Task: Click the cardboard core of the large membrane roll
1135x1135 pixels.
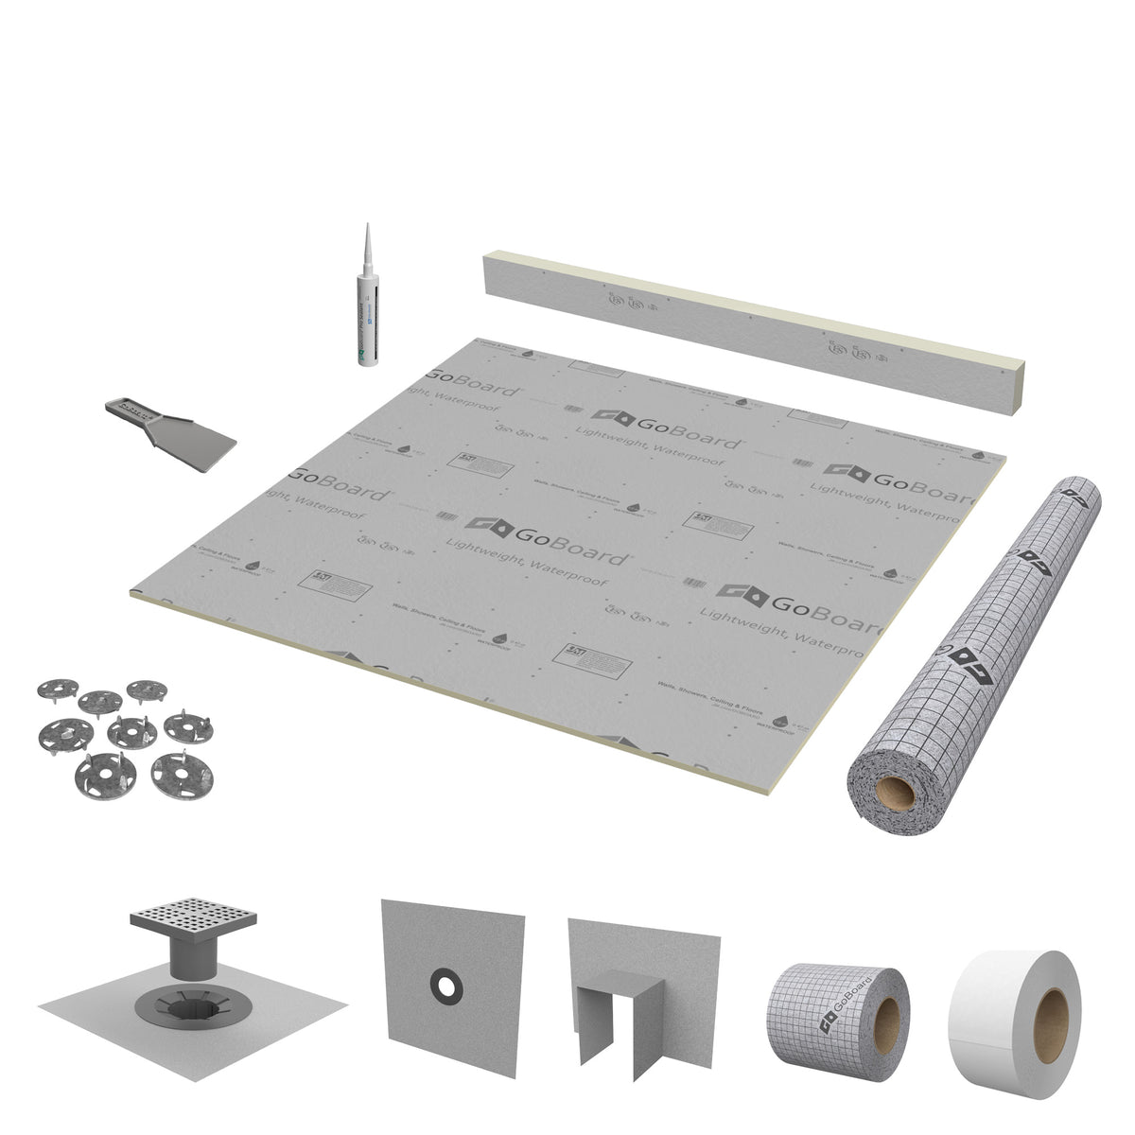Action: tap(894, 793)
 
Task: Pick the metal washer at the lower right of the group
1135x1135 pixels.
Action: tap(182, 774)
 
